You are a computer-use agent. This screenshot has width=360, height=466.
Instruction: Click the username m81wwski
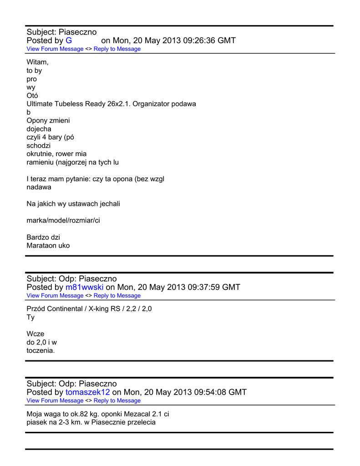pyautogui.click(x=84, y=287)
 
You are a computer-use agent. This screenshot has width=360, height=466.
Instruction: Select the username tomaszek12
pyautogui.click(x=87, y=392)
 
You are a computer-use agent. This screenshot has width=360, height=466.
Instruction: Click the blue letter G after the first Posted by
pyautogui.click(x=69, y=41)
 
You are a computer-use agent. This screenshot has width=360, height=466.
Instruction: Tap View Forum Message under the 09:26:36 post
pyautogui.click(x=55, y=49)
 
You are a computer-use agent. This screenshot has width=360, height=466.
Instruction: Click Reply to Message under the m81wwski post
pyautogui.click(x=117, y=296)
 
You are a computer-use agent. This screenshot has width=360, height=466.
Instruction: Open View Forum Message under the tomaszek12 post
pyautogui.click(x=55, y=401)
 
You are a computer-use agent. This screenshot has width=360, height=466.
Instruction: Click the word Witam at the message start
pyautogui.click(x=37, y=62)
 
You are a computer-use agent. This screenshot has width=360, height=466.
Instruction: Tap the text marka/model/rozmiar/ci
pyautogui.click(x=63, y=220)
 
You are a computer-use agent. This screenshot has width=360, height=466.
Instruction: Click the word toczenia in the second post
pyautogui.click(x=41, y=350)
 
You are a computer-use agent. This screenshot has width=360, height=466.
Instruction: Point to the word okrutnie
pyautogui.click(x=40, y=154)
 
